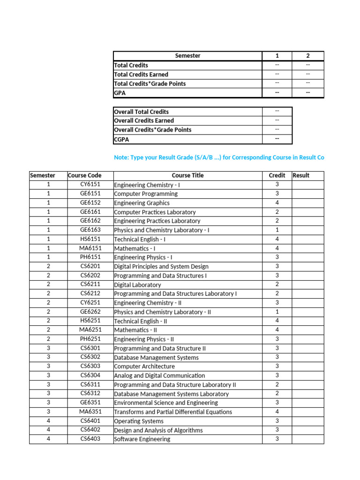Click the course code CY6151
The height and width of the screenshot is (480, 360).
90,185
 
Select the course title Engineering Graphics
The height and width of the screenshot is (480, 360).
142,203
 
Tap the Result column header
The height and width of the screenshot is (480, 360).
301,175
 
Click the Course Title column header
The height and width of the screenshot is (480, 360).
187,175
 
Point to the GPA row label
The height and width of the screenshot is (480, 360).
120,93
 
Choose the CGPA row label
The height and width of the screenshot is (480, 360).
121,139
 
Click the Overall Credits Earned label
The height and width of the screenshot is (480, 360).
144,120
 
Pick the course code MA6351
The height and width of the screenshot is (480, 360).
90,412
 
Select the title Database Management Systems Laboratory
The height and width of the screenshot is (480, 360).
171,394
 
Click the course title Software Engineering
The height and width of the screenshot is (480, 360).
142,439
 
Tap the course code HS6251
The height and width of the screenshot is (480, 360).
90,321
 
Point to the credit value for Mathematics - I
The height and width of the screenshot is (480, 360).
277,248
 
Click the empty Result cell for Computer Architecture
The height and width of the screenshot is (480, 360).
307,367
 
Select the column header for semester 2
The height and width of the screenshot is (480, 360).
307,56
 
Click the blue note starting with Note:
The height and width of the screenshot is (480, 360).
219,157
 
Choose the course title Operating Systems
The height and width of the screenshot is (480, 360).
139,421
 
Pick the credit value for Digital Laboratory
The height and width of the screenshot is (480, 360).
277,285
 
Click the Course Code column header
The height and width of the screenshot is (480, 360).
85,175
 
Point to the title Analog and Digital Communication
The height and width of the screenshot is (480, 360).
159,375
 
